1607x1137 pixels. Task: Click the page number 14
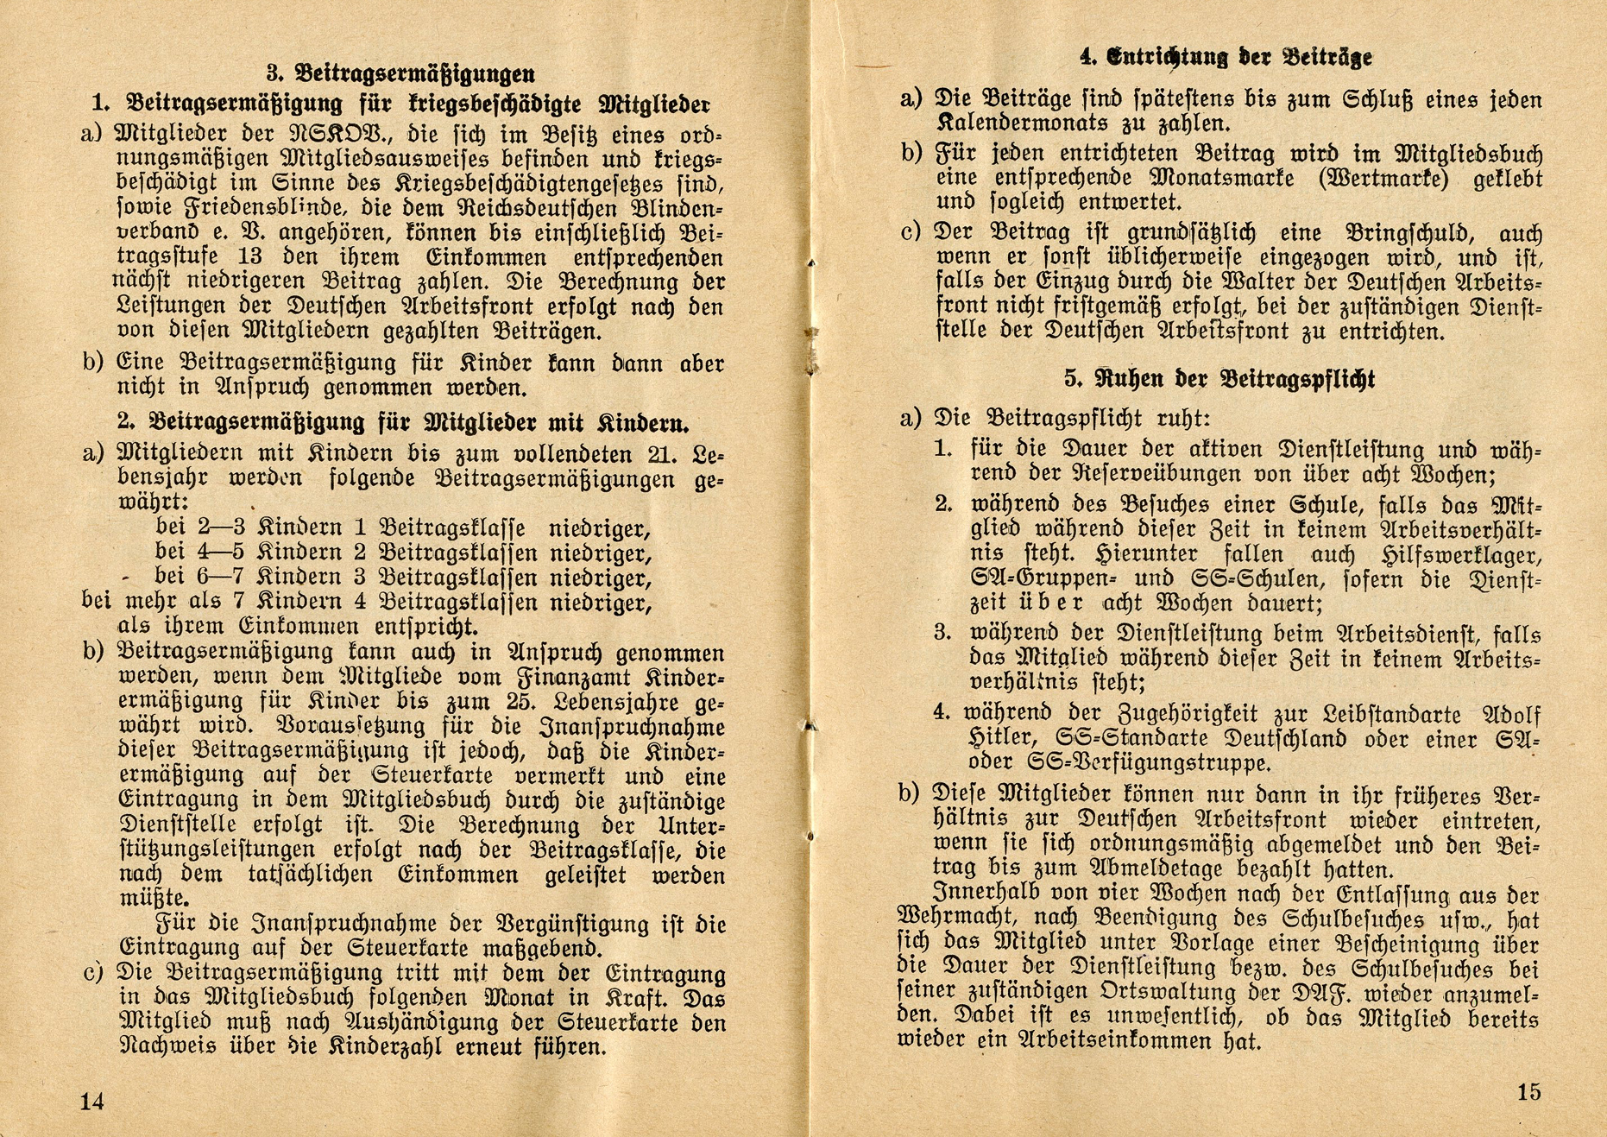[91, 1102]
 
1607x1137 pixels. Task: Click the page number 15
[1528, 1092]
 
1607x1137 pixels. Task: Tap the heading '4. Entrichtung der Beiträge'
[1226, 57]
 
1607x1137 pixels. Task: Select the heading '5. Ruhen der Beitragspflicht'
[1219, 378]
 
